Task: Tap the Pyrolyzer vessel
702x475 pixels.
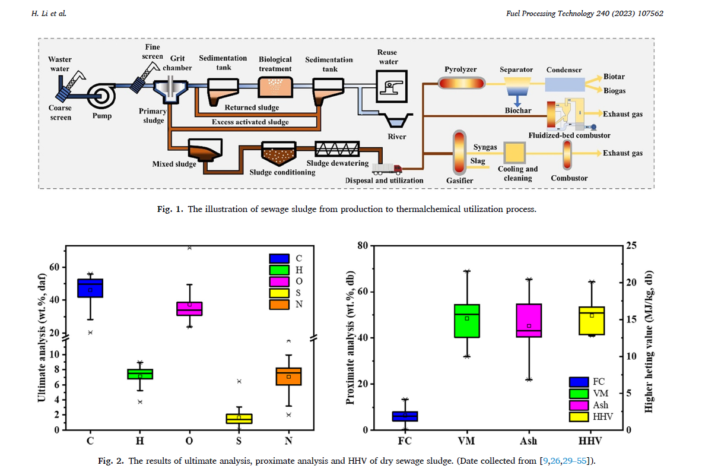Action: [x=460, y=84]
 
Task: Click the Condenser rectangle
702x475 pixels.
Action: [x=564, y=84]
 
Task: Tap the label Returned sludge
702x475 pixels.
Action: [x=252, y=108]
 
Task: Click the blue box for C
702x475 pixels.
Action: [x=90, y=288]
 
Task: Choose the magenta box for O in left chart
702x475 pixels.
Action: [x=189, y=309]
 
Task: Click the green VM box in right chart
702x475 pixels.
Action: [x=467, y=321]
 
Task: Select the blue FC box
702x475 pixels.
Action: [x=405, y=416]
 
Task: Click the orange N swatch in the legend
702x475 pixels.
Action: [x=279, y=305]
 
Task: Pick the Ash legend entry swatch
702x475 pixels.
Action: [x=579, y=405]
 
